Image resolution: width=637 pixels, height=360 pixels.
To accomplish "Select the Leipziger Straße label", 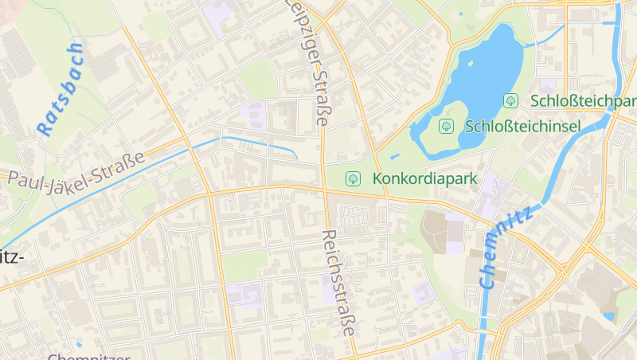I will point(310,64).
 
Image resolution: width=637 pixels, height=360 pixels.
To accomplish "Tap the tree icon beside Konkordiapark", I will point(351,178).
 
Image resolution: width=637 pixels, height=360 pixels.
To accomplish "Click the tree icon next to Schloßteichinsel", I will point(447,126).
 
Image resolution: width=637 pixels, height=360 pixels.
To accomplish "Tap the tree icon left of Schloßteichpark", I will point(511,101).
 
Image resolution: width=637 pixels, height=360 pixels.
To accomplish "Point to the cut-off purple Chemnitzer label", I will point(88,356).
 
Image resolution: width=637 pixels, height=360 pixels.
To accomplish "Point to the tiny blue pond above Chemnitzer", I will point(79,345).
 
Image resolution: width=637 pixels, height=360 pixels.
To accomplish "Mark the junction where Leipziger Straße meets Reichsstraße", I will point(325,189).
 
